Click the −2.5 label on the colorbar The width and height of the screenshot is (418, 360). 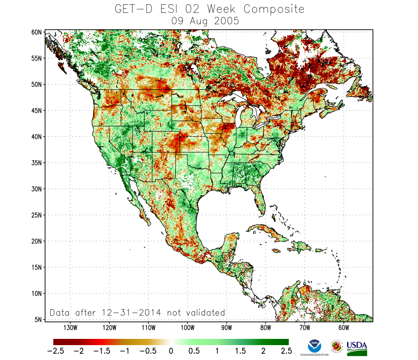(57, 351)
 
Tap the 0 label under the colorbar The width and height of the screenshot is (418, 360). (171, 351)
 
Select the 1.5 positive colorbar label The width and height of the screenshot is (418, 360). (241, 351)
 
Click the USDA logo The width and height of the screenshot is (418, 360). (357, 347)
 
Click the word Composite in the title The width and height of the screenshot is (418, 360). (274, 9)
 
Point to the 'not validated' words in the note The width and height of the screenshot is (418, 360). (196, 312)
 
